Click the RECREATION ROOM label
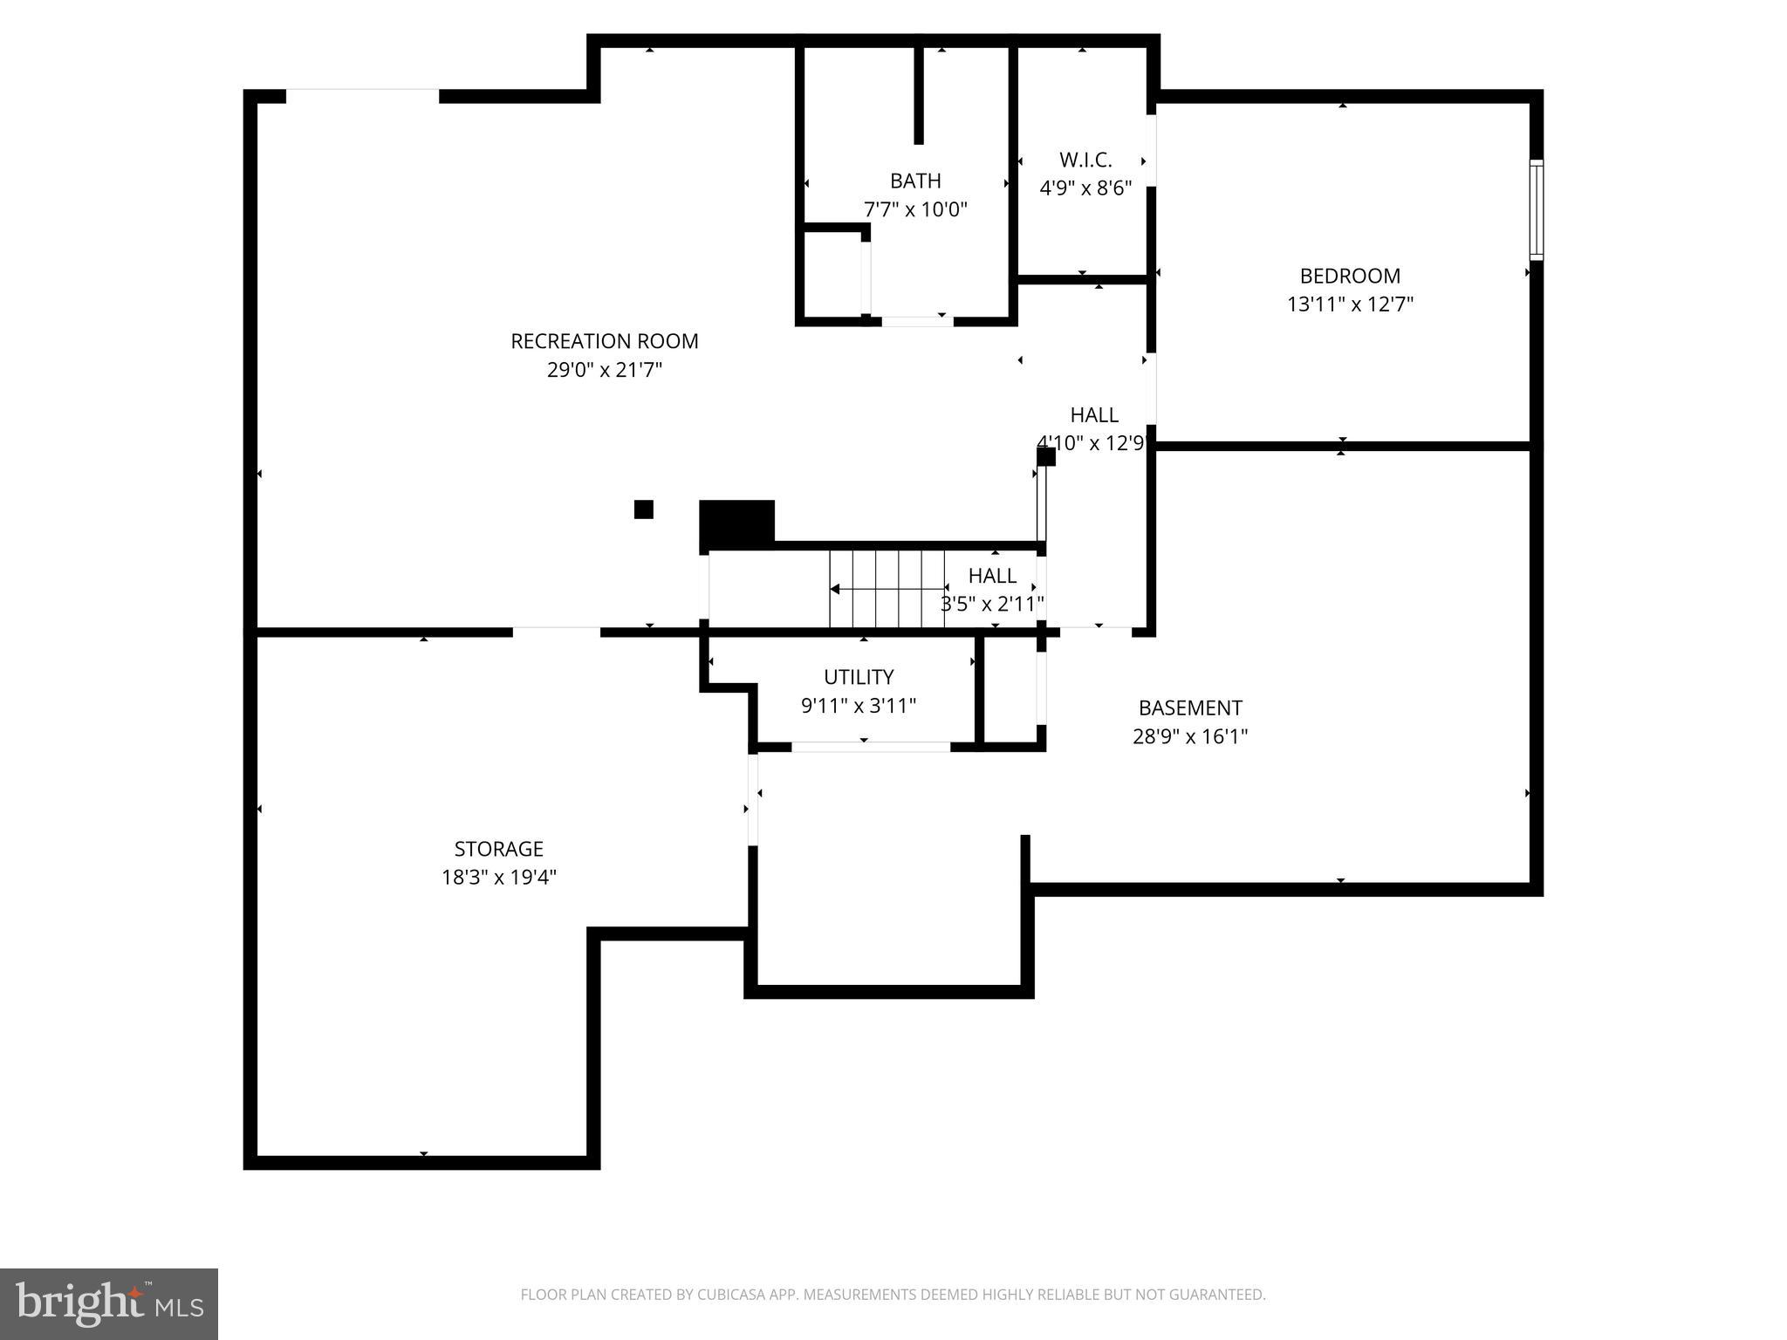click(x=604, y=341)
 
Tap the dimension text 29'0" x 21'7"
click(x=604, y=370)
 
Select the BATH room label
click(x=915, y=181)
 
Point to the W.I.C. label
click(x=1085, y=160)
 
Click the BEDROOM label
click(x=1350, y=276)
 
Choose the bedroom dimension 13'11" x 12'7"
click(x=1350, y=304)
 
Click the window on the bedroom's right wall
click(x=1536, y=209)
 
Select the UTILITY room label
click(x=859, y=677)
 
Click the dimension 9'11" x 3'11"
click(x=859, y=706)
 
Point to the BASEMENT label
click(x=1190, y=708)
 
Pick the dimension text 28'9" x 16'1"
click(x=1190, y=736)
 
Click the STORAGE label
click(x=498, y=849)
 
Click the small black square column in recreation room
click(x=644, y=509)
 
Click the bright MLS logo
click(x=109, y=1303)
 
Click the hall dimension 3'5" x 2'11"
click(x=992, y=604)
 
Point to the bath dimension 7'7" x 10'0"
click(x=915, y=210)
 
